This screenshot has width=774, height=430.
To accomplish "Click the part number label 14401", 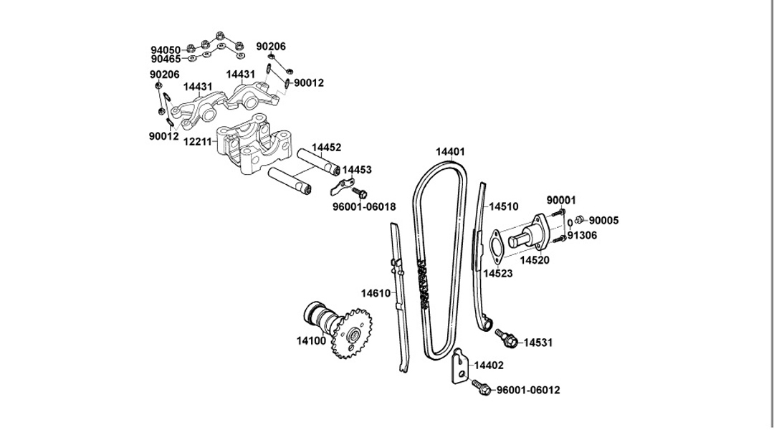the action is pos(449,151).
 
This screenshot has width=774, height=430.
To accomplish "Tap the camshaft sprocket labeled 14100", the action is pos(351,334).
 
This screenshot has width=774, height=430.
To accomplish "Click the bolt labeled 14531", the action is pos(507,337).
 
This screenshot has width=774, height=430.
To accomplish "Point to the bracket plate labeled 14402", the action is pos(460,365).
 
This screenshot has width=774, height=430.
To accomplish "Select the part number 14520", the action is pos(535,260).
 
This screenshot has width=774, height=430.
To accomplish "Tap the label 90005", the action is pos(603,221).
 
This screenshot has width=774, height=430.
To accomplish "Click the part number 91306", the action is pos(582,236).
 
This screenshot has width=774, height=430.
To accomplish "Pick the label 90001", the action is pos(561,200).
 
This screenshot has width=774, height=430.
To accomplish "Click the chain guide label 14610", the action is pos(376,293).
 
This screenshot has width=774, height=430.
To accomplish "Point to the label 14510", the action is pos(504,206).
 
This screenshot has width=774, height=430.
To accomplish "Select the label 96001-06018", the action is pos(364,206).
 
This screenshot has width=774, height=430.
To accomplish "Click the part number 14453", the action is pos(357,170).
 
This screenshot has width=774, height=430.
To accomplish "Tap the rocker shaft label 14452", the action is pos(326,148).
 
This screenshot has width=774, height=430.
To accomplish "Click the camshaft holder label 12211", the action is pos(198,142).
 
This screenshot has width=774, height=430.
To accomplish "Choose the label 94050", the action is pos(166,50).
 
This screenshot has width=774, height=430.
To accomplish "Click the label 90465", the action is pos(166,59).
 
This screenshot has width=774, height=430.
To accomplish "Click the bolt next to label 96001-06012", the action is pos(481,386).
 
